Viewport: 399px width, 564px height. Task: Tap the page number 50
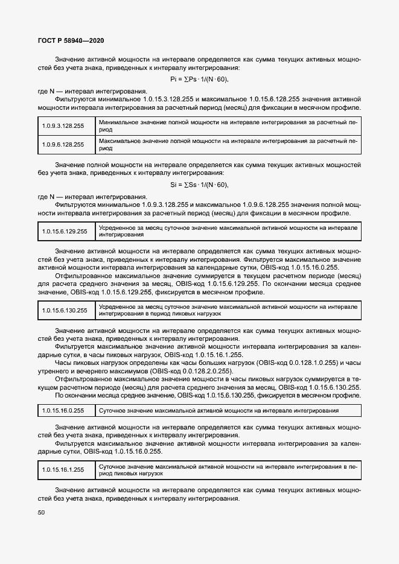42,513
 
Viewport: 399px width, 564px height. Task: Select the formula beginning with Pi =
200,80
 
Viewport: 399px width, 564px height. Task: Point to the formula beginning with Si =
200,185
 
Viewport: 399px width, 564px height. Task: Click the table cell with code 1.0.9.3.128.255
63,125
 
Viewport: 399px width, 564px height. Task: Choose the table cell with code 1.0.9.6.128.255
63,144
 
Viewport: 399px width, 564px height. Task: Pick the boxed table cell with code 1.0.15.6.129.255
65,232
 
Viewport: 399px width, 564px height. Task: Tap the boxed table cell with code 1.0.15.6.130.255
65,311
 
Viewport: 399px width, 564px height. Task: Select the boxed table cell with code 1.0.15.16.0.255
63,410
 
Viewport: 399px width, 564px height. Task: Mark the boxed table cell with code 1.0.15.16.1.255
63,469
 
